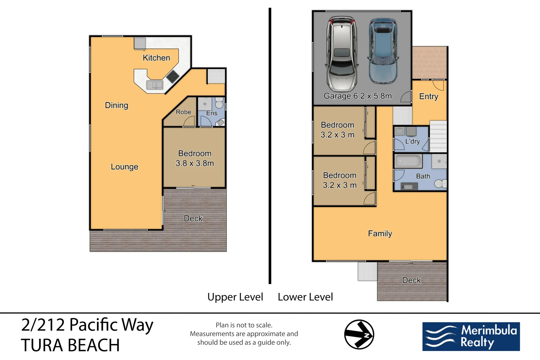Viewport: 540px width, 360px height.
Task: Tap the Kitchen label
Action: point(156,58)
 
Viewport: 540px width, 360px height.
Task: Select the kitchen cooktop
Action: point(172,77)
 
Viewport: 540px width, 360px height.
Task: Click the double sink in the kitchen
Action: point(155,85)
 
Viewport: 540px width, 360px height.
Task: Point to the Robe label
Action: point(183,112)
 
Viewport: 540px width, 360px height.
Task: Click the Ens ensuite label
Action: point(211,113)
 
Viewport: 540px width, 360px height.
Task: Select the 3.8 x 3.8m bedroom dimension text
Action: point(195,163)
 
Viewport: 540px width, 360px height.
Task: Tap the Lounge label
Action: point(124,167)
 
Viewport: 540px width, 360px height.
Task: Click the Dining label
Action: point(116,105)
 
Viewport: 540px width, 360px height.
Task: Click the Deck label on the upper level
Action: point(193,219)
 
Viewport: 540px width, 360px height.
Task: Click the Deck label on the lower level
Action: point(411,280)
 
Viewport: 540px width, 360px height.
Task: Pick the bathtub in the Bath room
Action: point(408,162)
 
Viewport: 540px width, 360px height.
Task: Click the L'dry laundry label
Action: point(412,141)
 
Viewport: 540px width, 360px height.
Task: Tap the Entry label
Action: point(428,96)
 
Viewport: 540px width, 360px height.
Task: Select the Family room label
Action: point(380,234)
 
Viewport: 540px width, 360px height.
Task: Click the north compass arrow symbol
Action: point(359,334)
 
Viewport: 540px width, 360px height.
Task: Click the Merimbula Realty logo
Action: point(471,336)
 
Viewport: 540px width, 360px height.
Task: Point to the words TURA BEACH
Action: point(70,345)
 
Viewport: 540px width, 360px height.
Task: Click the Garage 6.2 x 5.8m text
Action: point(357,96)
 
